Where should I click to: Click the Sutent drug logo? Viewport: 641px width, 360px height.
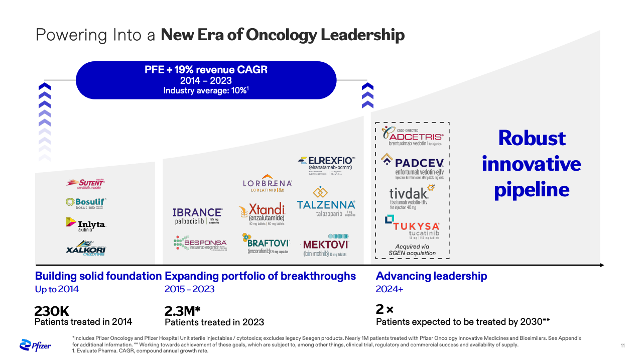point(85,184)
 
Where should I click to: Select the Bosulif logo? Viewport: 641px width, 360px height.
point(86,203)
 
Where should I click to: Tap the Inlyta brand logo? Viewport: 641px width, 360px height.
point(85,224)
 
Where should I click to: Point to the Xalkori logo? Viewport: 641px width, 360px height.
point(86,249)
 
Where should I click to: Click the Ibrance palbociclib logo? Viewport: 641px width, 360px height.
point(198,216)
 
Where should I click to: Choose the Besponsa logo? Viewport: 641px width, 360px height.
point(200,244)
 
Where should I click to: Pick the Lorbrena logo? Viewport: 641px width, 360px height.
point(267,184)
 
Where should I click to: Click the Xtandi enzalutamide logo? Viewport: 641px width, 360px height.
point(262,215)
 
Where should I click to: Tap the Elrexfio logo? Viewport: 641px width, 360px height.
point(327,164)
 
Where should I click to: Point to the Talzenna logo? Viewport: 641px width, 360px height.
point(326,203)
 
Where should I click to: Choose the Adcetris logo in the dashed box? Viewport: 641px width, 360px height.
point(412,136)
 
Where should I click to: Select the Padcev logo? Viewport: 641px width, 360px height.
point(412,165)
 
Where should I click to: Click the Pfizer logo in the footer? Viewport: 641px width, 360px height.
point(35,345)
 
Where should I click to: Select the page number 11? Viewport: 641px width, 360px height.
point(623,345)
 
